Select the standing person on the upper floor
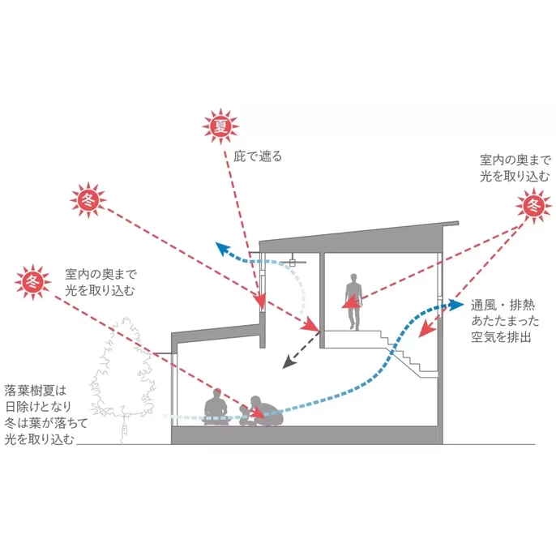(x=353, y=301)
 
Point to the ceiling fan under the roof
(x=294, y=261)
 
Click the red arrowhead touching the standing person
(x=347, y=306)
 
